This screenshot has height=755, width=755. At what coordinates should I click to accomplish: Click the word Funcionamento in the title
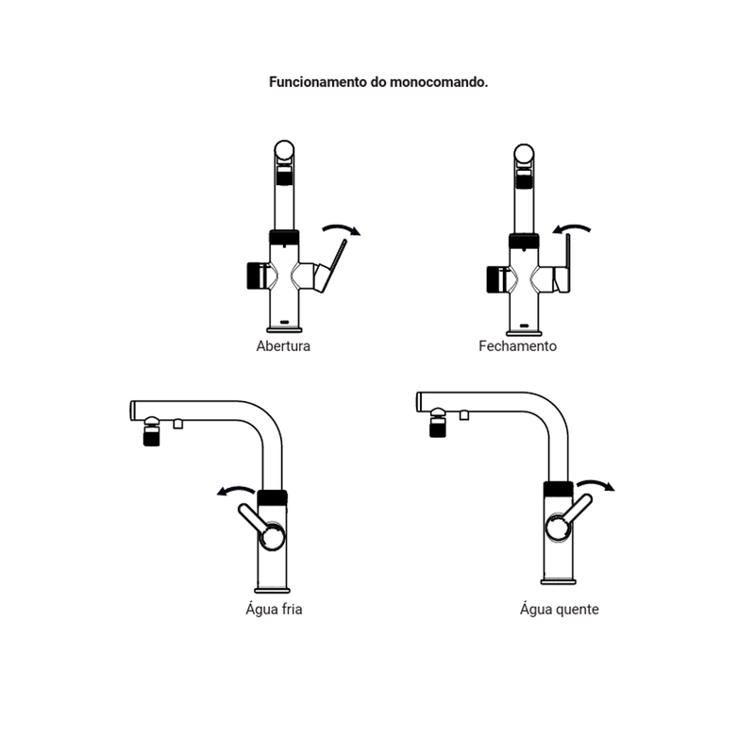point(318,82)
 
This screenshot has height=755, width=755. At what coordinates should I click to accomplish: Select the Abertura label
point(283,346)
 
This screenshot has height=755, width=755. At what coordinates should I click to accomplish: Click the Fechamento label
point(517,346)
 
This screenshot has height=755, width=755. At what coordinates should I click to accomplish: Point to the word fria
point(292,609)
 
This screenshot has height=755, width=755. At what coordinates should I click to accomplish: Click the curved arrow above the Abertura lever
point(342,228)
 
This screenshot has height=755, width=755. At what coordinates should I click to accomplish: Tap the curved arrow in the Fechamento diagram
point(572,228)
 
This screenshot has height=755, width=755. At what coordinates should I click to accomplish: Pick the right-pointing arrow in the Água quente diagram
point(596,484)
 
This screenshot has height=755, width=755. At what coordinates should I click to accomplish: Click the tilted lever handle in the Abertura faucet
point(333,266)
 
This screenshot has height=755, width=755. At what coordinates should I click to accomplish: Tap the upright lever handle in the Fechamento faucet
point(568,263)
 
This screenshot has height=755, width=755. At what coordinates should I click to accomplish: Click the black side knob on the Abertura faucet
point(255,276)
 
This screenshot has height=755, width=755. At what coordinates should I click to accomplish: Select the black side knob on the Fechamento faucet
point(495,279)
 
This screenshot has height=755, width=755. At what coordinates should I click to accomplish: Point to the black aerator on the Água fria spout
point(151,436)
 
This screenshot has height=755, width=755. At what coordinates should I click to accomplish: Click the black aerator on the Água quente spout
point(438,428)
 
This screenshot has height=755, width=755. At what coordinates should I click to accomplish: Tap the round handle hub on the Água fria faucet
point(272,536)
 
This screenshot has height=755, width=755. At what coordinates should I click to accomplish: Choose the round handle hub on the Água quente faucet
point(560,528)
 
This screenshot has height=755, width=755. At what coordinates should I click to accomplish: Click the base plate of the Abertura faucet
point(285,330)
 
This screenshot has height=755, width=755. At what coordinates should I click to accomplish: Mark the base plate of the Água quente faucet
point(559,582)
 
